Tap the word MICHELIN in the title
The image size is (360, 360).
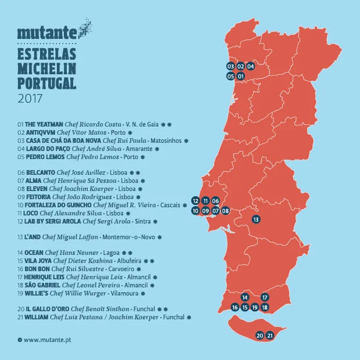click(x=47, y=70)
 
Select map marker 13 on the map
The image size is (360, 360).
click(x=255, y=219)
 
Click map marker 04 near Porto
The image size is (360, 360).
click(x=250, y=66)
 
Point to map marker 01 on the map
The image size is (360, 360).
click(x=240, y=76)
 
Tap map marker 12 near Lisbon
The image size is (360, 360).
click(x=196, y=201)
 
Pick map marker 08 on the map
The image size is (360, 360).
click(x=225, y=211)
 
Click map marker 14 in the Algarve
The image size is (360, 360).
click(x=244, y=297)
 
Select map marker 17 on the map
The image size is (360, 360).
click(x=264, y=297)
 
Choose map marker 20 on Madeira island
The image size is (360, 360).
click(x=260, y=335)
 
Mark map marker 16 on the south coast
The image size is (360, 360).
click(x=235, y=307)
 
